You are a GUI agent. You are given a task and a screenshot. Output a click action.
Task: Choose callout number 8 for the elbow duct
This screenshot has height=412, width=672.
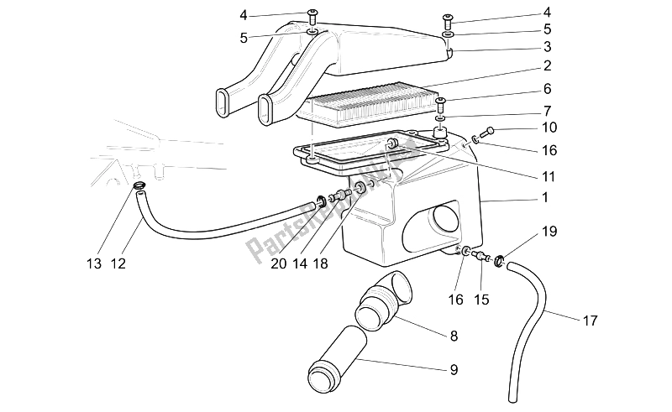point(454,336)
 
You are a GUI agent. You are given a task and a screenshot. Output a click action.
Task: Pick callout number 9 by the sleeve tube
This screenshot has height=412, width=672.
point(454,368)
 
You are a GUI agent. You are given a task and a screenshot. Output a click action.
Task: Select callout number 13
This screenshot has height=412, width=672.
point(94,264)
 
